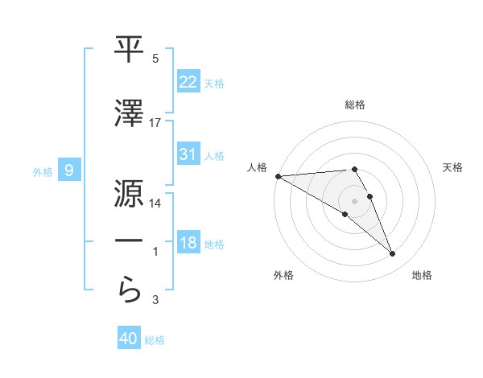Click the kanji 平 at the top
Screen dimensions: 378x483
tap(129, 50)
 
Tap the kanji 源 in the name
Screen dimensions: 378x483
tap(129, 192)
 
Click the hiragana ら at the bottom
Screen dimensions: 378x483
tap(129, 289)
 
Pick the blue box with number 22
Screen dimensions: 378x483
tap(188, 81)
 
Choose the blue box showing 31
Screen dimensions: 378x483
tap(188, 154)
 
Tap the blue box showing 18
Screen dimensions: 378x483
tap(188, 243)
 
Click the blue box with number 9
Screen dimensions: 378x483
tap(69, 170)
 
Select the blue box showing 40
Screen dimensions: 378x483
tap(129, 339)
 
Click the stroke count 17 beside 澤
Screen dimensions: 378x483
tap(155, 122)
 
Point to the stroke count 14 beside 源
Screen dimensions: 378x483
tap(155, 203)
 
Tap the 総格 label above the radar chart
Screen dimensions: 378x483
tap(355, 105)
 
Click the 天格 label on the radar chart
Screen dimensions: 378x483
tap(452, 167)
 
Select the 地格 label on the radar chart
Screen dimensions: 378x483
tap(422, 275)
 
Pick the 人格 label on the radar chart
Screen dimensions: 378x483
tap(256, 167)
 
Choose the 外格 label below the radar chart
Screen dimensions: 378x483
tap(283, 275)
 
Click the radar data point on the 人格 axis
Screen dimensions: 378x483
tap(278, 176)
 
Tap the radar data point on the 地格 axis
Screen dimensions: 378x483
tap(392, 254)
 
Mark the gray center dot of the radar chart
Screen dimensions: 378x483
tap(354, 200)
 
